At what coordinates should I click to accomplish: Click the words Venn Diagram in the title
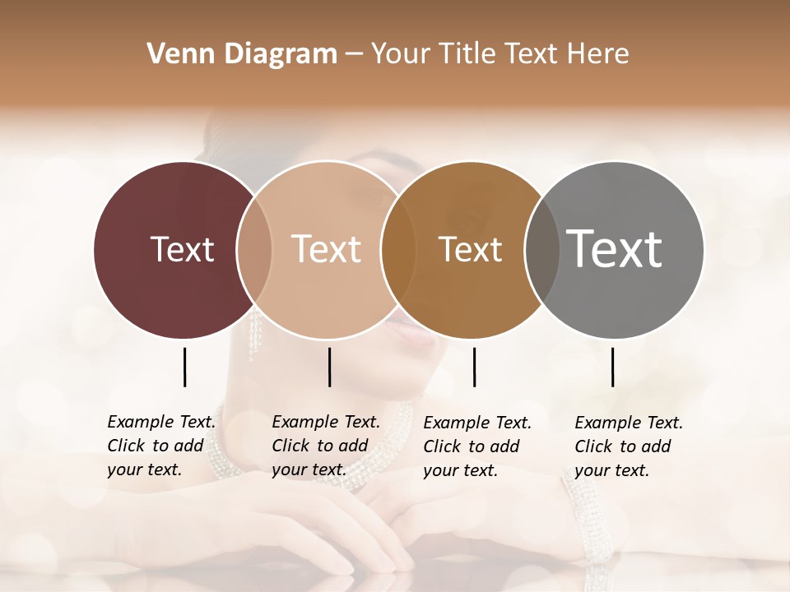242,54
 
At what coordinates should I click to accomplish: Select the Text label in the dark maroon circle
182,249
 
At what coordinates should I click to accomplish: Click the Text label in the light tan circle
326,249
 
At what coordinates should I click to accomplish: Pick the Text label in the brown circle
470,249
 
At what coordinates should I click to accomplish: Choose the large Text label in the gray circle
615,248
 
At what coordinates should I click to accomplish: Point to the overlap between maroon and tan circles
254,249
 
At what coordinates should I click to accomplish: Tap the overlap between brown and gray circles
541,249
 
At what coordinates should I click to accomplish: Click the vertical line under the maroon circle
184,367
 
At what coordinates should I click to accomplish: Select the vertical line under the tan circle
329,367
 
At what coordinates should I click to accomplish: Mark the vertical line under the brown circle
474,367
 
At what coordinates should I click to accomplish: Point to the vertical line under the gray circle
613,367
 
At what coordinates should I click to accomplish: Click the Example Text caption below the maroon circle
160,446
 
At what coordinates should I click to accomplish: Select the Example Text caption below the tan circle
325,446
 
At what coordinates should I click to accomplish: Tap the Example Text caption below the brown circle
476,446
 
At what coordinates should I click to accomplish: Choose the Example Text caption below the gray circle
628,446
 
